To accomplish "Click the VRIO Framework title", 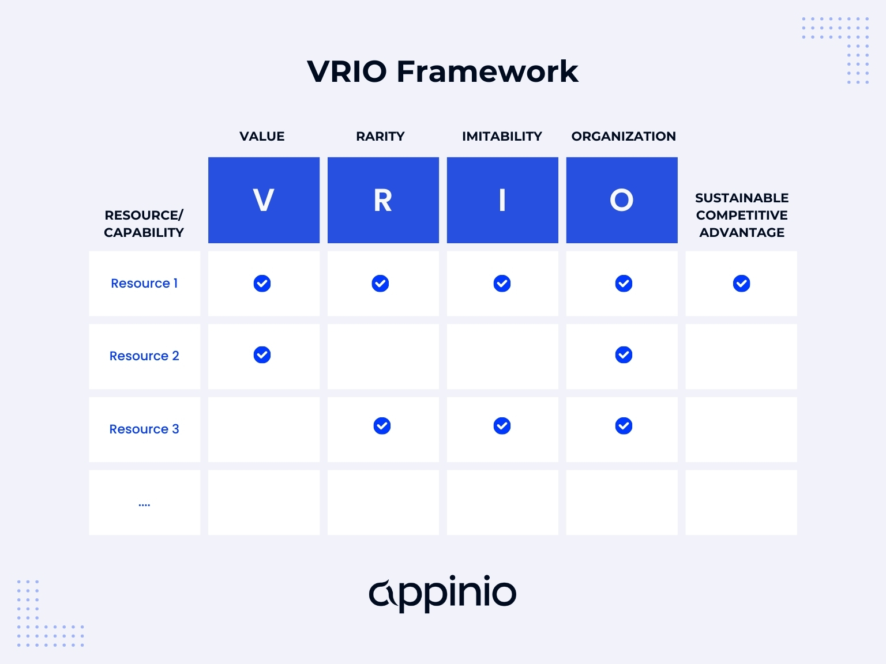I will [442, 71].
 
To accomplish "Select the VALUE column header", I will [262, 137].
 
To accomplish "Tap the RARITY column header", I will [380, 137].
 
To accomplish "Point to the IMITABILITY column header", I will [502, 137].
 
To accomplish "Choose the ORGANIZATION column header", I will [624, 137].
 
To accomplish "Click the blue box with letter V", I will [264, 200].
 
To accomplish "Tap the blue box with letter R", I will [383, 200].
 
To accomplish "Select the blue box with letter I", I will [502, 200].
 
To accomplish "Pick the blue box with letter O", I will [622, 200].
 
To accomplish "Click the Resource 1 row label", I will [144, 284].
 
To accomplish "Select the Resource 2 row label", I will [144, 356].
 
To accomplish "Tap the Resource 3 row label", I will [144, 429].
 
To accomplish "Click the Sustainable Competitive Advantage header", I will [741, 215].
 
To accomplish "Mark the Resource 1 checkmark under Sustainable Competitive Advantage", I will [741, 284].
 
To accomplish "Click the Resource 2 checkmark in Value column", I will [262, 355].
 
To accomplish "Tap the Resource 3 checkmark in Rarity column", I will [382, 426].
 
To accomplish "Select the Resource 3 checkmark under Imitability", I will [502, 426].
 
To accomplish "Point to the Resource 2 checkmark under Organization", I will [624, 355].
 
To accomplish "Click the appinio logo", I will [442, 593].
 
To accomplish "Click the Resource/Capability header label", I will [144, 224].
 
